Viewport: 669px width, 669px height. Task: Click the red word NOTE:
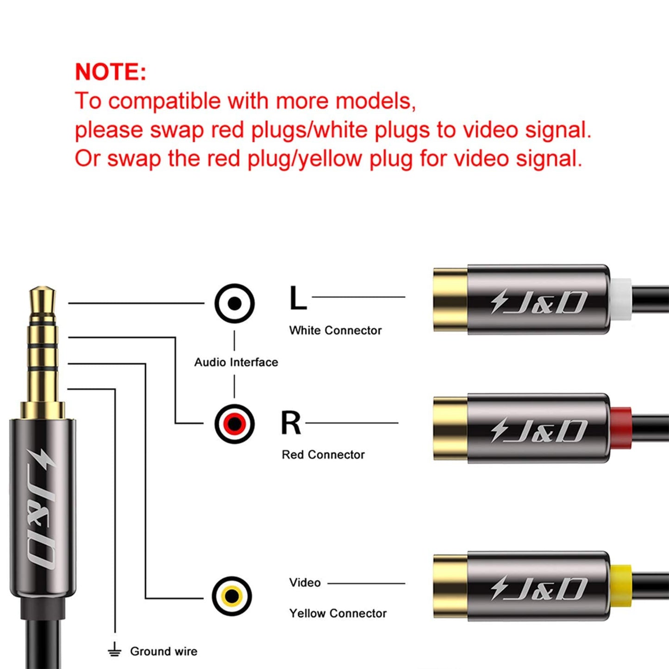click(x=110, y=72)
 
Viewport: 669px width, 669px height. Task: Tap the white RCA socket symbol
click(x=234, y=303)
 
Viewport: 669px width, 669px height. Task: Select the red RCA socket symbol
click(x=234, y=424)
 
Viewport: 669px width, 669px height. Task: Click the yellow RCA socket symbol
click(x=232, y=596)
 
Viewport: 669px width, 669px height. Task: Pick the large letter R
click(x=291, y=423)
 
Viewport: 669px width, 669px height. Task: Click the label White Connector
click(x=335, y=331)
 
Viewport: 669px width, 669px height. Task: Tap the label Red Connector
click(x=323, y=455)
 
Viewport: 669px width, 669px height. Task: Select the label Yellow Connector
click(x=338, y=613)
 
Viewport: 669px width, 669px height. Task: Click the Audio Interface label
click(x=236, y=362)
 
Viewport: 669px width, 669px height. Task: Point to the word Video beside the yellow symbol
click(x=305, y=583)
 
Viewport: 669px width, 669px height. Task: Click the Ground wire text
click(x=163, y=651)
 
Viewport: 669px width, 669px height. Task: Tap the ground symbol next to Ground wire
click(x=114, y=650)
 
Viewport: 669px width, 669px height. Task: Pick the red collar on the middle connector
click(x=621, y=429)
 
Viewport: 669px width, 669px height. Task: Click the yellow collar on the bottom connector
click(x=621, y=586)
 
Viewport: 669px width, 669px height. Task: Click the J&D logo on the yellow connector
click(x=539, y=588)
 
